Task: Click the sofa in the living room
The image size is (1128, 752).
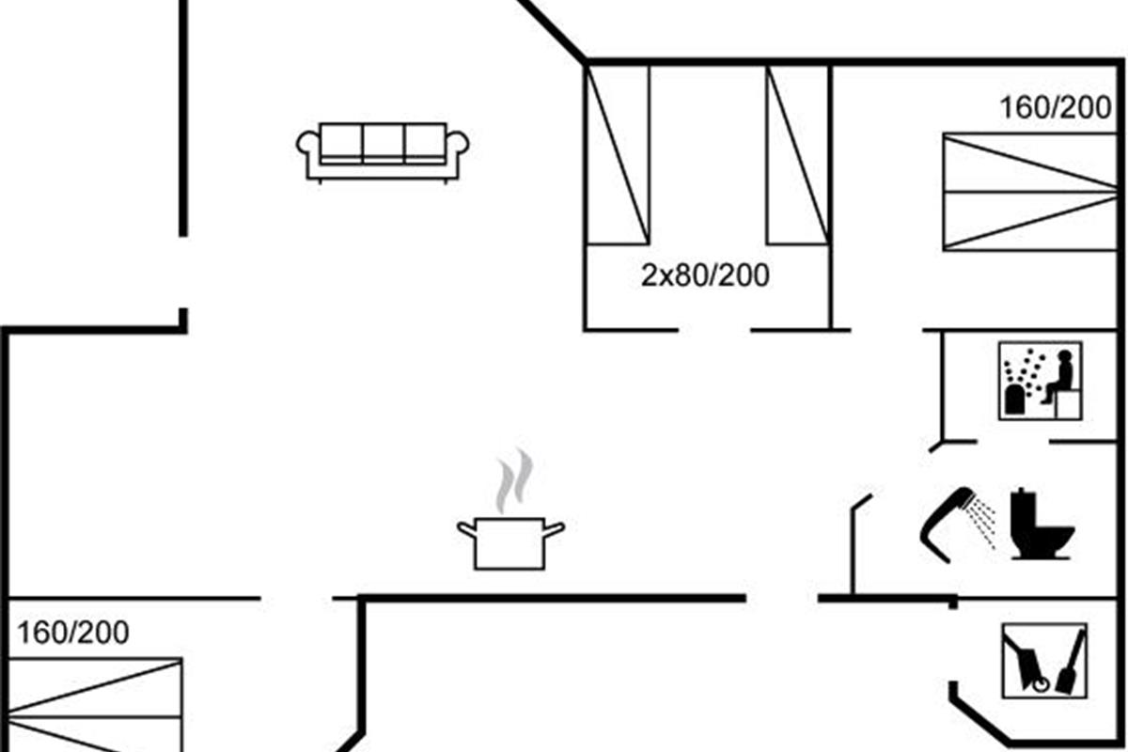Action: click(x=383, y=150)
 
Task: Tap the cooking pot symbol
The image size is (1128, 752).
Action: click(x=510, y=542)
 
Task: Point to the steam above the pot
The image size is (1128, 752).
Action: click(x=513, y=481)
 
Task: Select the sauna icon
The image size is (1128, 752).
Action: click(x=1040, y=381)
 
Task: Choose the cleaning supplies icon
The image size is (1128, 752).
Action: click(x=1044, y=661)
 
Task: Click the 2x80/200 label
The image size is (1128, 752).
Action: click(x=705, y=276)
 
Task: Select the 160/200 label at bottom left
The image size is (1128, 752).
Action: click(x=73, y=633)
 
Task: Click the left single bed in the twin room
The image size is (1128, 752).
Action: click(x=618, y=155)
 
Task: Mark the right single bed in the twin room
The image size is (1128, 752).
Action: click(x=797, y=155)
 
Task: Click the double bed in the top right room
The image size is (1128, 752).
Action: click(x=1028, y=192)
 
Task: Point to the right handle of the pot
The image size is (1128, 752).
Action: click(x=555, y=529)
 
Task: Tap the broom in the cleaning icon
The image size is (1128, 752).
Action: click(x=1071, y=663)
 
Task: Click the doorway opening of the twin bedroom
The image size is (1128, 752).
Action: click(x=714, y=330)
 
